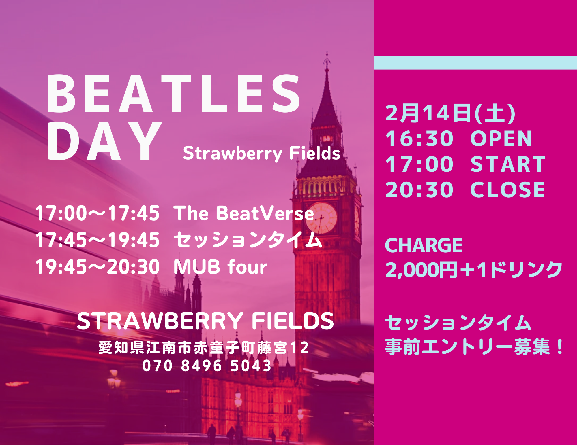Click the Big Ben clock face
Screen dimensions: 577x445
(321, 218)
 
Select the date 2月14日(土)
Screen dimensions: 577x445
(450, 113)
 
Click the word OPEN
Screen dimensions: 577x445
(501, 139)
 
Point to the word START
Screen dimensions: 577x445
(508, 164)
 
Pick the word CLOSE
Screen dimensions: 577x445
(507, 190)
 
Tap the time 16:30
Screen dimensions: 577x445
(419, 139)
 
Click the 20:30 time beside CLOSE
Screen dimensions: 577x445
(419, 190)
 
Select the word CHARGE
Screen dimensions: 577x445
(424, 245)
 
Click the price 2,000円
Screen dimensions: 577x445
(421, 270)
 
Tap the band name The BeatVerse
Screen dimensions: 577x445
(244, 213)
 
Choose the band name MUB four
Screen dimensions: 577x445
(221, 267)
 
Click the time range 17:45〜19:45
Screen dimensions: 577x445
(98, 240)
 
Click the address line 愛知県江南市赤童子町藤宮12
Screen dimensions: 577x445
(204, 348)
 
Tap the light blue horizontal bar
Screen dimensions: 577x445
(475, 63)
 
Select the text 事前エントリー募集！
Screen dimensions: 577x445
(474, 347)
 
